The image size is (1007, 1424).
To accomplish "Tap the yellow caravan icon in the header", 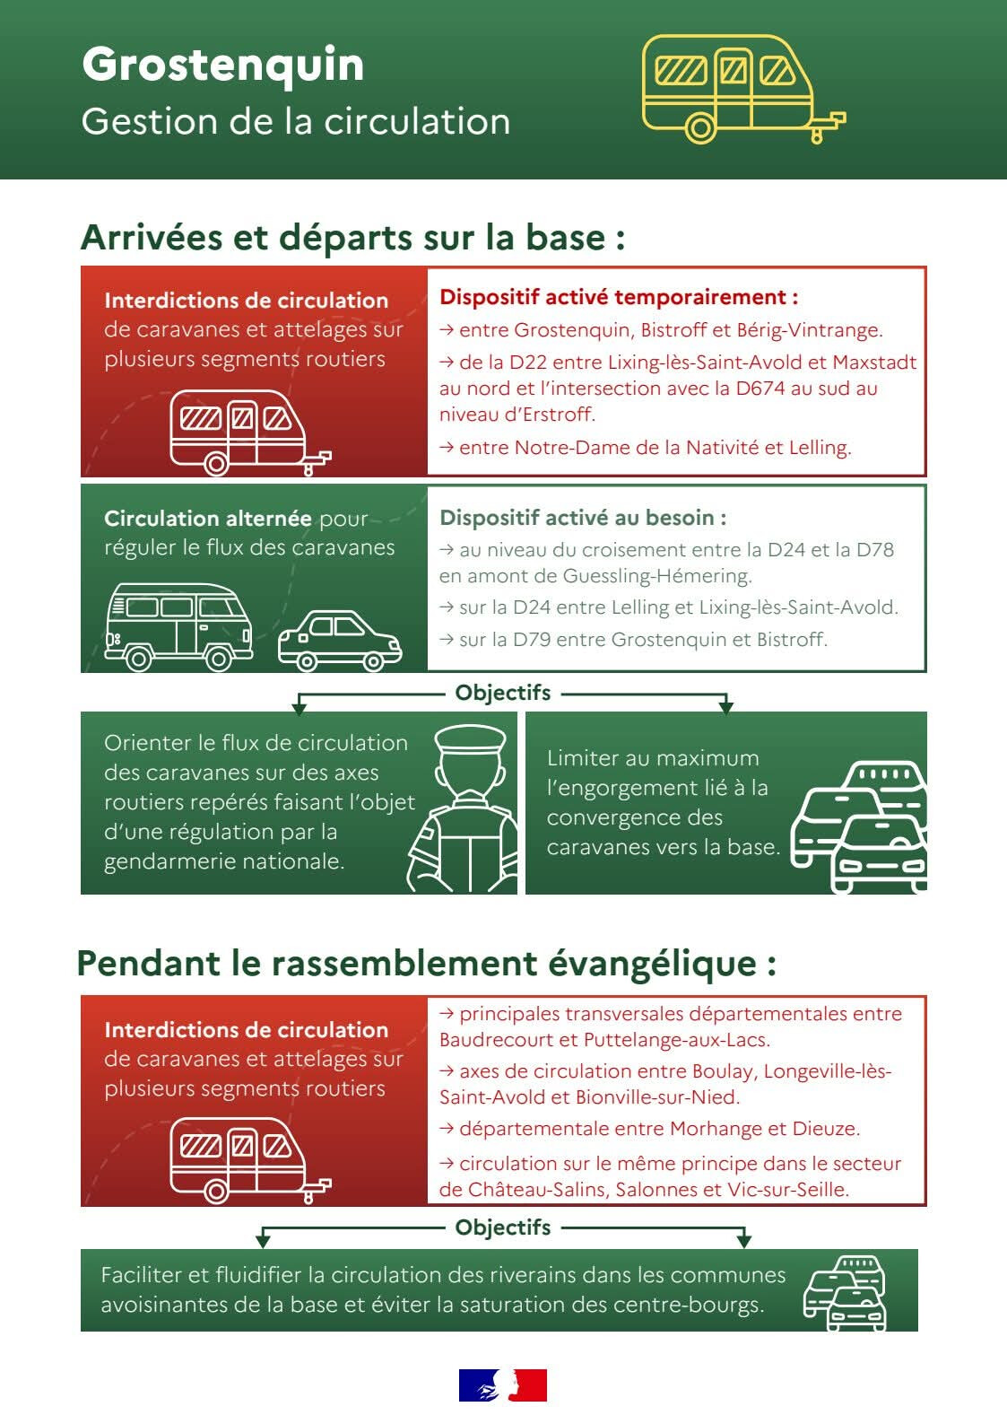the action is pos(743,89).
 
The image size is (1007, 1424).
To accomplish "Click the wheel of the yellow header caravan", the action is pos(700,127).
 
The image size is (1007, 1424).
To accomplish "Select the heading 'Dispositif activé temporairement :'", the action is pos(619,297).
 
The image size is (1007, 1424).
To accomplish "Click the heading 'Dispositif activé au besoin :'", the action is pos(583,518).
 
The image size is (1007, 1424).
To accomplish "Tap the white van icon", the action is pos(179,627).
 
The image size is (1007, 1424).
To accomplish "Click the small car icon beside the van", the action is pos(340,641).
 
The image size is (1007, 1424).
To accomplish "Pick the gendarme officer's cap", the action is pos(470,740).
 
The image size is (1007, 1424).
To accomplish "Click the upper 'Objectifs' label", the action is pos(502,693).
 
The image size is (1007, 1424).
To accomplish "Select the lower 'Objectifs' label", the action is pos(502,1227).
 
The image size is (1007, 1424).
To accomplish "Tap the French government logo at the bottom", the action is pos(502,1385).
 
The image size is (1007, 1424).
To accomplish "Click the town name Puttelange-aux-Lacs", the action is pos(677,1040).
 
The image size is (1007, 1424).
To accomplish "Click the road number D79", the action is pos(532,639).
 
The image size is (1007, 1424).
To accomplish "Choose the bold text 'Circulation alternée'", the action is pos(208,518).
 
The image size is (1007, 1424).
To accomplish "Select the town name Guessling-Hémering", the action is pos(657,576).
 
